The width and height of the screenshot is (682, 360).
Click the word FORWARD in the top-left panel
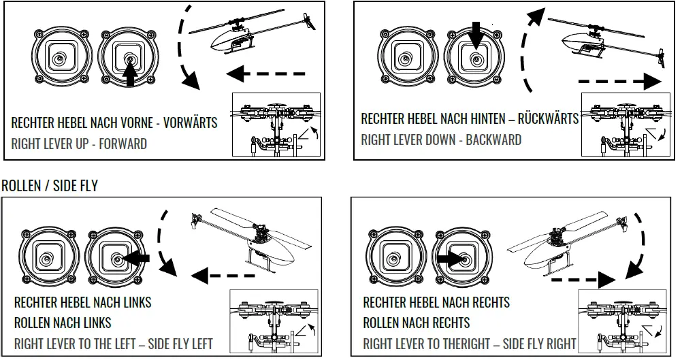coord(123,144)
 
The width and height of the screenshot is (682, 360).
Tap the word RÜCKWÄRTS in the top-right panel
coord(548,119)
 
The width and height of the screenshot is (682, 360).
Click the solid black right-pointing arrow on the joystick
coord(449,259)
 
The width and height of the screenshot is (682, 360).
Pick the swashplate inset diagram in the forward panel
coord(276,126)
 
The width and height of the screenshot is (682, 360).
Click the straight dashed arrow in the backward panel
coord(619,82)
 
